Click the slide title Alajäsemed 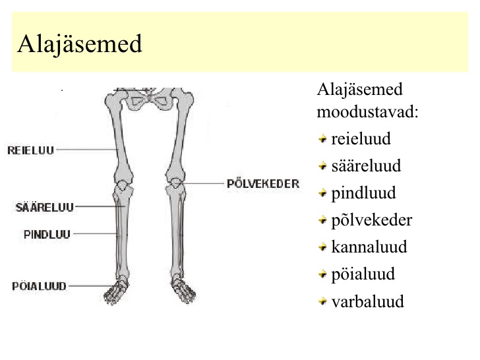coord(80,44)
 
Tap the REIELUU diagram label coord(30,150)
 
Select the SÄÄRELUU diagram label coord(45,207)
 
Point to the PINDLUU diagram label coord(47,235)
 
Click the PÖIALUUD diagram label coord(39,286)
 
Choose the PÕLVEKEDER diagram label coord(263,184)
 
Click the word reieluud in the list coord(361,138)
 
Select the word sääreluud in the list coord(366,165)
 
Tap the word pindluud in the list coord(363,193)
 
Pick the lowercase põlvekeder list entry coord(372,220)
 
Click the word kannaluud coord(369,247)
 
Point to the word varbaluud coord(368,301)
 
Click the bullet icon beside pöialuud coord(322,274)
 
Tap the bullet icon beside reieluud coord(322,139)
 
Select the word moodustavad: coord(367,111)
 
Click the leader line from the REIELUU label coord(87,150)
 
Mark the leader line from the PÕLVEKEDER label coord(202,183)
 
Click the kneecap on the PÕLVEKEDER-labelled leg coord(175,183)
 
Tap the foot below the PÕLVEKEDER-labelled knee coord(183,289)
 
